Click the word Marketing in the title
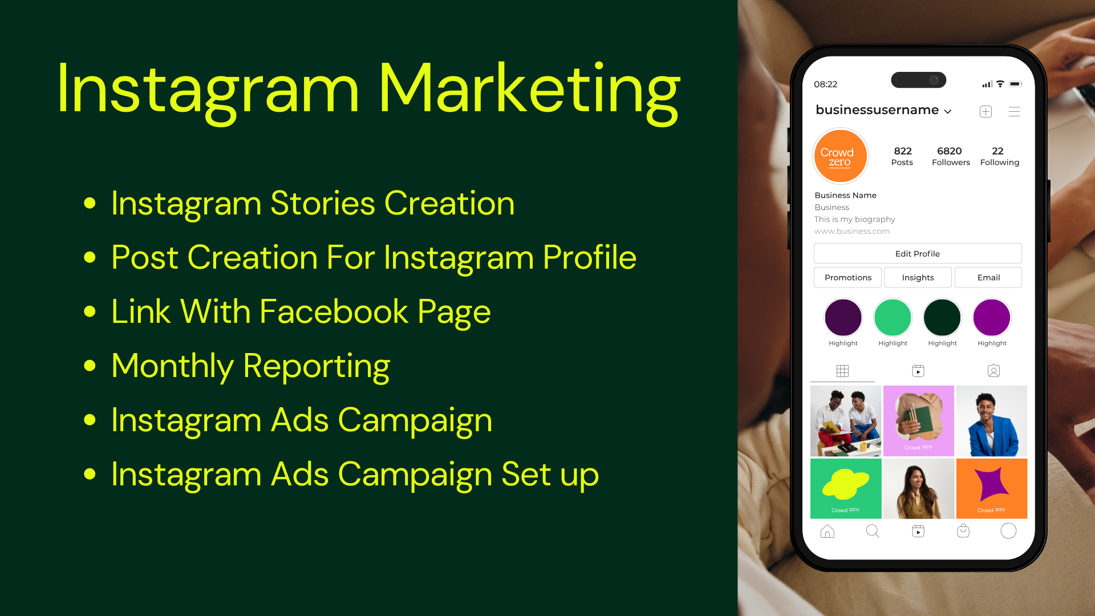click(529, 91)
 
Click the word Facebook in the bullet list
click(334, 311)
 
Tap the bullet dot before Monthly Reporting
click(90, 366)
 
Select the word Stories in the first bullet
click(322, 203)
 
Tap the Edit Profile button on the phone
click(918, 254)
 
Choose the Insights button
click(918, 278)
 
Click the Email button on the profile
click(988, 278)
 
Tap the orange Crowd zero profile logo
click(840, 156)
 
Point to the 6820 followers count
click(950, 151)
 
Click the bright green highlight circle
click(893, 318)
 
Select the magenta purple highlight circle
click(992, 318)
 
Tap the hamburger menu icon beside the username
click(1014, 112)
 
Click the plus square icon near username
click(985, 112)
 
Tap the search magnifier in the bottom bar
click(873, 531)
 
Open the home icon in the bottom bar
click(827, 532)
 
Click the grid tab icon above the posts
click(842, 371)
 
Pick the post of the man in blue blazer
click(992, 421)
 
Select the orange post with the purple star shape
click(992, 489)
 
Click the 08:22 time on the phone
click(825, 84)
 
